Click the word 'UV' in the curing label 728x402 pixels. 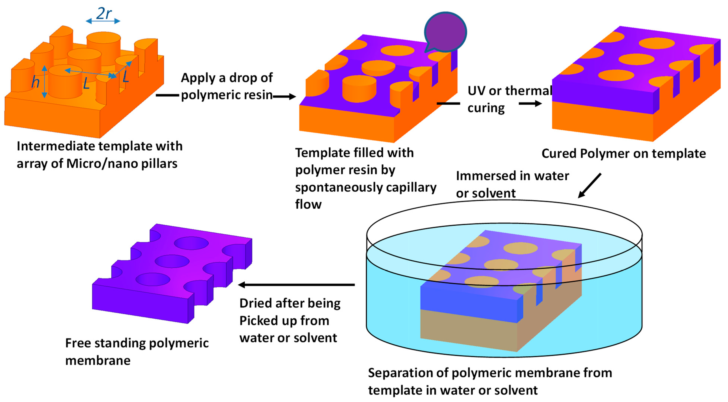click(x=477, y=91)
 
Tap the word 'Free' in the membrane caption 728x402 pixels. click(x=78, y=343)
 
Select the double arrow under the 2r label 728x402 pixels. click(x=103, y=21)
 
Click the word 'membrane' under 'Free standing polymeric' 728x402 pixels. click(x=98, y=361)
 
